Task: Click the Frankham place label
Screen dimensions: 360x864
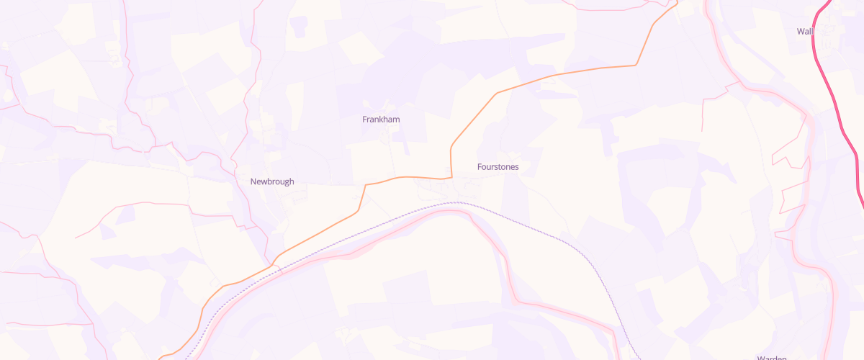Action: (381, 120)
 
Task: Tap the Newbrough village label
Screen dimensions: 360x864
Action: (272, 181)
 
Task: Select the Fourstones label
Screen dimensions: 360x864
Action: (498, 167)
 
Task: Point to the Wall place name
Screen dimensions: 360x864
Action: (804, 31)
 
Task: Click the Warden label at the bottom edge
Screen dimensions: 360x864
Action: (771, 357)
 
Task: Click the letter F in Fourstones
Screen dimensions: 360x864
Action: (480, 167)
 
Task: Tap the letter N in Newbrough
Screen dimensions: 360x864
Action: (253, 181)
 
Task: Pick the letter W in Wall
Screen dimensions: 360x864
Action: (801, 31)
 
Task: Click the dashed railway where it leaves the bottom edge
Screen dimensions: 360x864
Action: (640, 358)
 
